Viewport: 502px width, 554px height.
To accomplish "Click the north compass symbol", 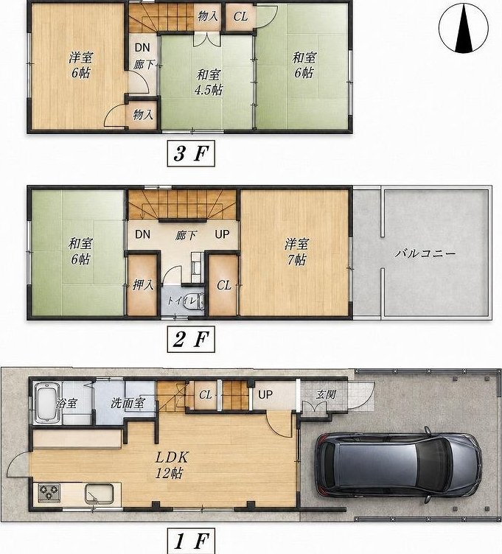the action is coord(464,28).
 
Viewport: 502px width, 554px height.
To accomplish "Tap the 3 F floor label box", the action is coord(190,154).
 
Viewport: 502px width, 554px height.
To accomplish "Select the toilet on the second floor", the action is coord(195,301).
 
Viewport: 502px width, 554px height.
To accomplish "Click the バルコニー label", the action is coord(425,253).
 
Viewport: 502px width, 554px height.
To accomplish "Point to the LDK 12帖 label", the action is coord(172,466).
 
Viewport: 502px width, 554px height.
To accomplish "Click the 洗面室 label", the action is coord(128,403).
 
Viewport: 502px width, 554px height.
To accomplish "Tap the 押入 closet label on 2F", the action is coord(143,285).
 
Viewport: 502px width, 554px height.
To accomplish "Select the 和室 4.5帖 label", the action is coord(209,83).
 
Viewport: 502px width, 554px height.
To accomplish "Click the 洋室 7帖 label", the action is coord(296,252).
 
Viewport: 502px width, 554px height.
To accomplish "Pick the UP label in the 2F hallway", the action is coord(222,234).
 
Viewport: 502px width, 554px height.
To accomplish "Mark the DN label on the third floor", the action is coord(142,47).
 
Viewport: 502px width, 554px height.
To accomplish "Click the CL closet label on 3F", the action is coord(240,16).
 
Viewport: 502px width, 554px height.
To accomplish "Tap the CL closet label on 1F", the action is coord(206,395).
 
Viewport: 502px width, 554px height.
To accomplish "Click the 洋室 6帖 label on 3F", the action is coord(80,65).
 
